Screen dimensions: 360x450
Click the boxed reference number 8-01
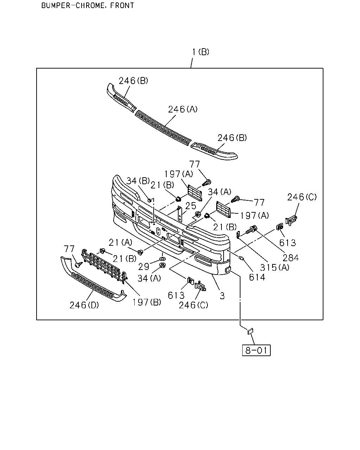(x=256, y=350)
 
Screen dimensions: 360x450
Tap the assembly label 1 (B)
(x=201, y=52)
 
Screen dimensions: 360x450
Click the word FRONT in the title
(x=122, y=5)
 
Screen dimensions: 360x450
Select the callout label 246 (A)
(x=183, y=109)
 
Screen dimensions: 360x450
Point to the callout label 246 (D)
(x=84, y=305)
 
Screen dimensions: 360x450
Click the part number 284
(x=291, y=258)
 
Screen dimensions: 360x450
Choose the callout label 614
(x=257, y=277)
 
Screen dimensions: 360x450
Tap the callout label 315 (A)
(x=275, y=267)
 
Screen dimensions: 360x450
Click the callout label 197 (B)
(x=147, y=302)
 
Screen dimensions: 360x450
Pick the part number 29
(x=144, y=266)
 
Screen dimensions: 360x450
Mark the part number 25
(x=191, y=206)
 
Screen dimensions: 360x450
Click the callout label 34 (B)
(x=138, y=181)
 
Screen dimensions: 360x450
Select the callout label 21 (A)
(x=121, y=243)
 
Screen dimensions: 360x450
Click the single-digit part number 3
(x=222, y=296)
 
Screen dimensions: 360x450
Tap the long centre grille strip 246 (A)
(x=163, y=128)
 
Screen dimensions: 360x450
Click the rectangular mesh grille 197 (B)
(x=104, y=265)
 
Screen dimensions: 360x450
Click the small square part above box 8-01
(x=250, y=331)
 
